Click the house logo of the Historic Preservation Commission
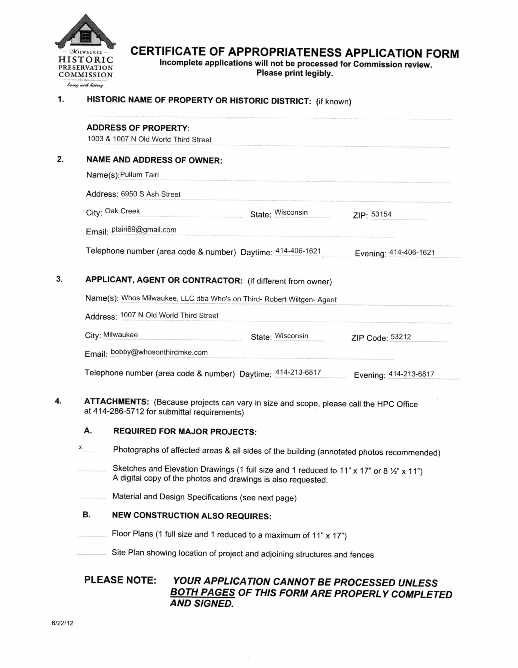85,32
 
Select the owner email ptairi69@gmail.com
144,230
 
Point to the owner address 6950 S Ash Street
151,194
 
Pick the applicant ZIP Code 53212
401,337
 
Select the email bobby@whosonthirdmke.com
159,352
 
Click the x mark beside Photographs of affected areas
80,447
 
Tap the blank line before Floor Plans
91,536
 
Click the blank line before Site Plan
91,554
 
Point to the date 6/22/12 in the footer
62,623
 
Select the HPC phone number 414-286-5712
118,411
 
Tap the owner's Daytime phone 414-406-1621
298,251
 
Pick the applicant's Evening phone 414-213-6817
411,374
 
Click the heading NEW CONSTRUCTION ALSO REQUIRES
192,516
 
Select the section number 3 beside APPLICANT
59,279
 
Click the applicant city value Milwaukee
120,335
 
